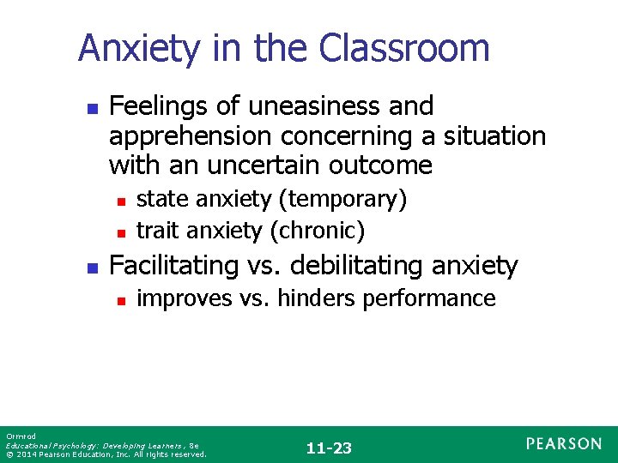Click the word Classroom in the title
tap(404, 48)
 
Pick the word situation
tap(494, 136)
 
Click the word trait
tap(155, 231)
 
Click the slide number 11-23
tap(328, 448)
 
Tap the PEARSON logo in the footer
tap(564, 444)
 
